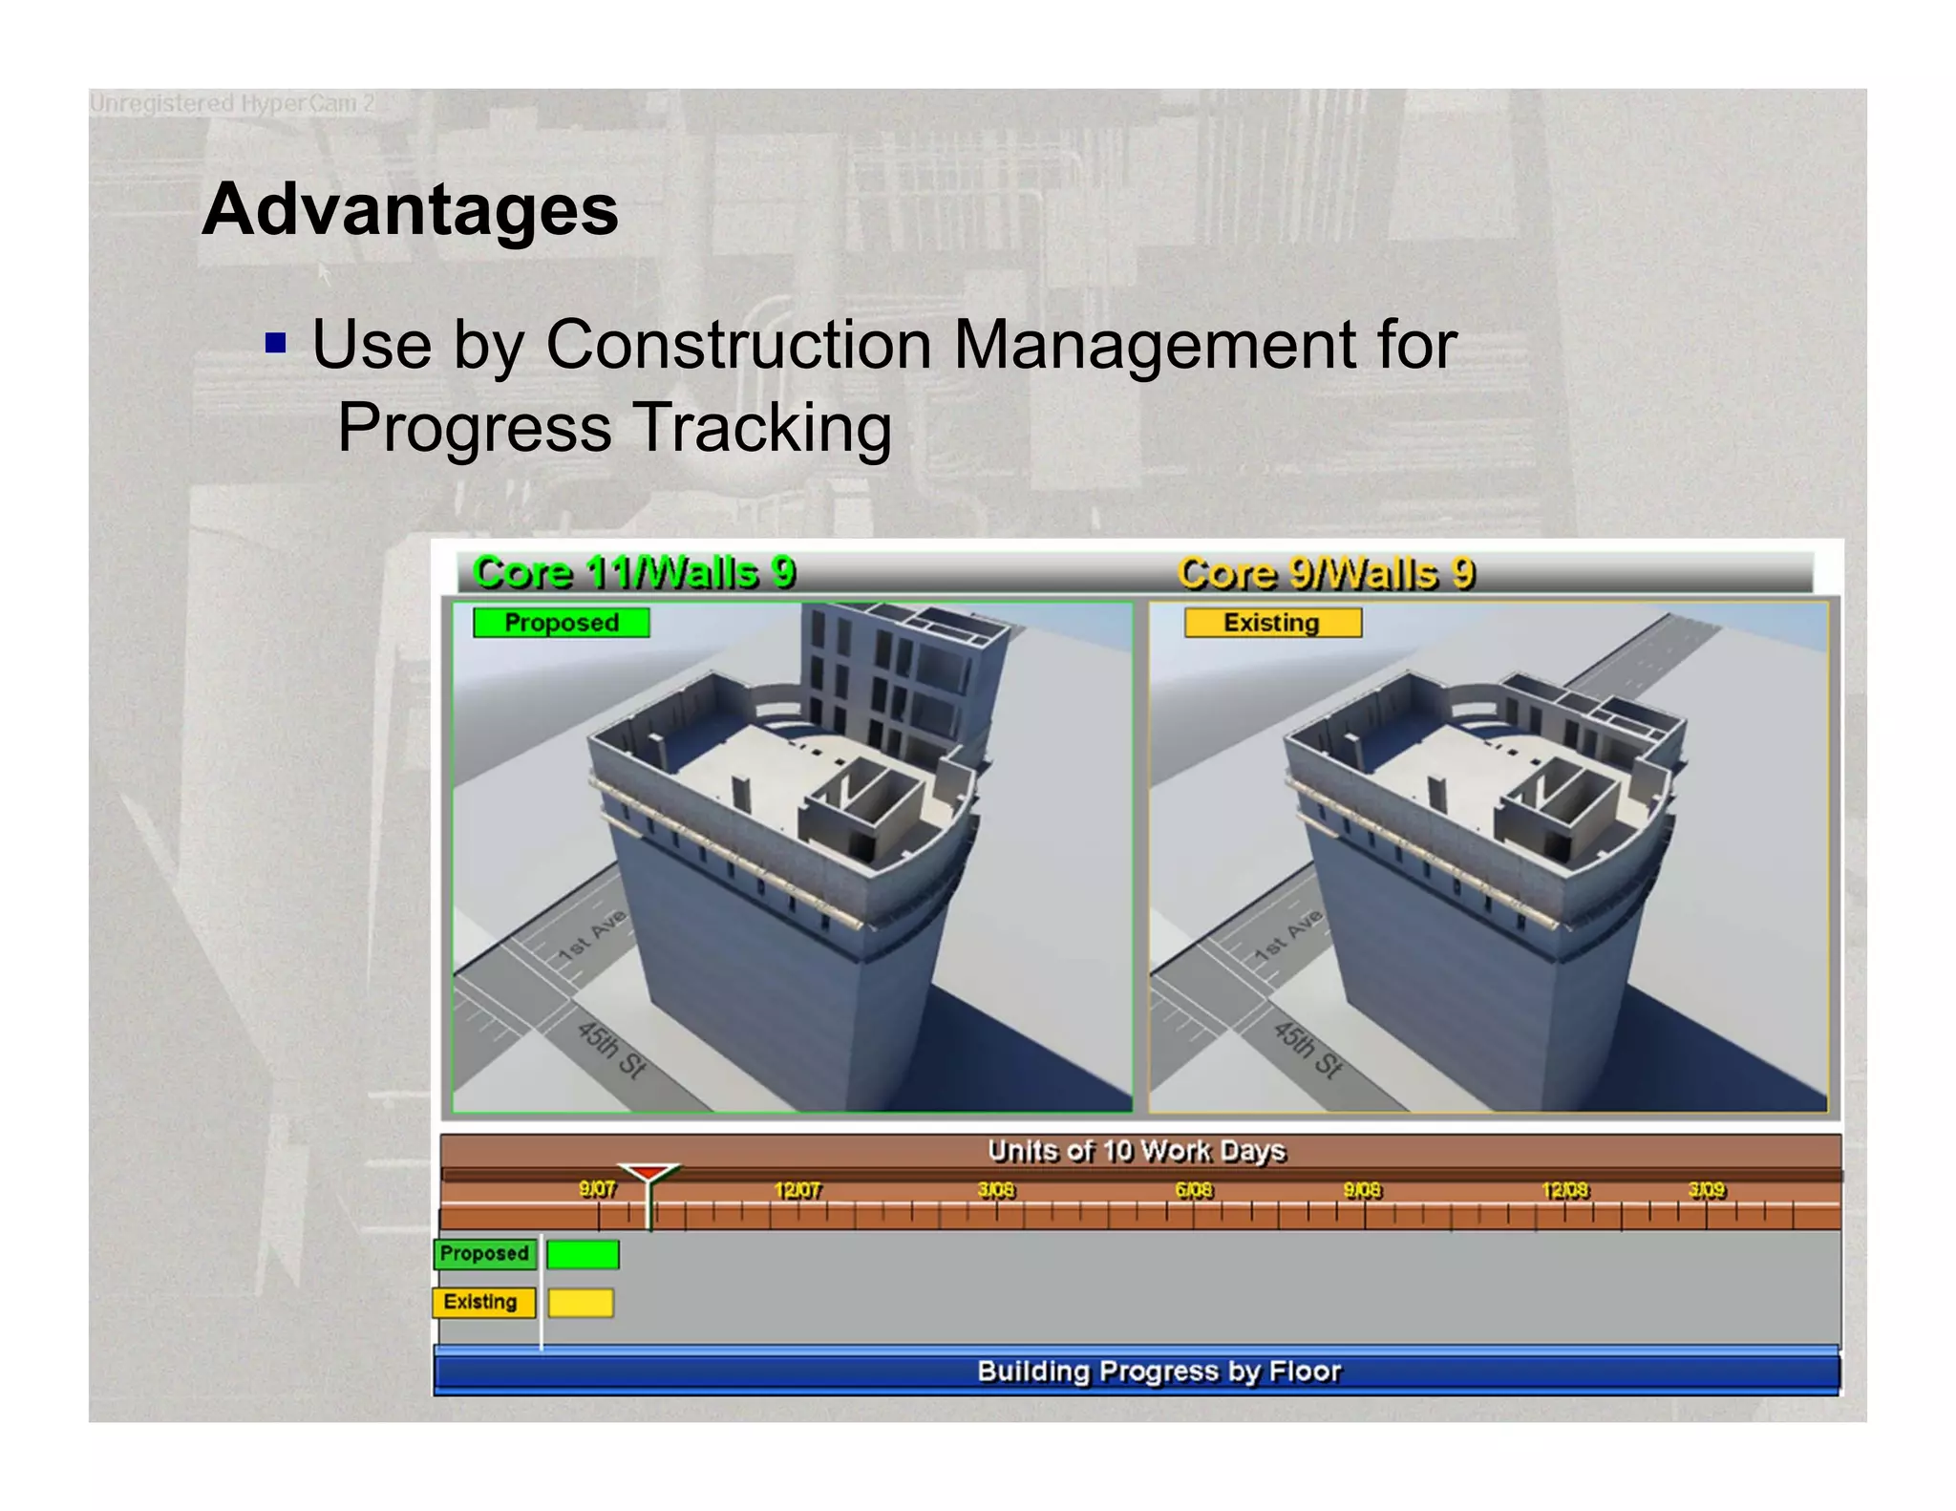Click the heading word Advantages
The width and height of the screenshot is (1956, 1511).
(x=410, y=210)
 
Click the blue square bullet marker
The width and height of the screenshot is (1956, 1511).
(x=276, y=343)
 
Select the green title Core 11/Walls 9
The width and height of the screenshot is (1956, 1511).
(x=634, y=573)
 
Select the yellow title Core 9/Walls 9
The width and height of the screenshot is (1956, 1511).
(x=1326, y=574)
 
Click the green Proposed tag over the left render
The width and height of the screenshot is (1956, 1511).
(x=562, y=623)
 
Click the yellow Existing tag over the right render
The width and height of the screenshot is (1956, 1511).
(x=1272, y=623)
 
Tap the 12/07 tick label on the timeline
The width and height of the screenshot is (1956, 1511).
(x=797, y=1190)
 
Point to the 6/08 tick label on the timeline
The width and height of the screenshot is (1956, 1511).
(x=1194, y=1190)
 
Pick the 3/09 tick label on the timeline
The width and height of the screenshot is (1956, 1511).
(x=1707, y=1190)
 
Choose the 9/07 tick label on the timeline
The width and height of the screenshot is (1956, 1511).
(x=598, y=1189)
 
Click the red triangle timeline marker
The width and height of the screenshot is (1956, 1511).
(x=648, y=1173)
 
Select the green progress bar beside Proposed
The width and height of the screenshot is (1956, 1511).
(x=583, y=1254)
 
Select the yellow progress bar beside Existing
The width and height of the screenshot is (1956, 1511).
(x=581, y=1303)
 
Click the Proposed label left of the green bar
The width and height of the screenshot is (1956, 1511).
(x=484, y=1253)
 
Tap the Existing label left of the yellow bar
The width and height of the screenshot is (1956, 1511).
(x=480, y=1302)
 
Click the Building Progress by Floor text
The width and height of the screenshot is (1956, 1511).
(x=1159, y=1372)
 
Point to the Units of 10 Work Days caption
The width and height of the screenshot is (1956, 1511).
(x=1137, y=1151)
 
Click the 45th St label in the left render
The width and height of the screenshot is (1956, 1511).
(x=611, y=1049)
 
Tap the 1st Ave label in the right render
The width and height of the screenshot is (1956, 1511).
(x=1288, y=935)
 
